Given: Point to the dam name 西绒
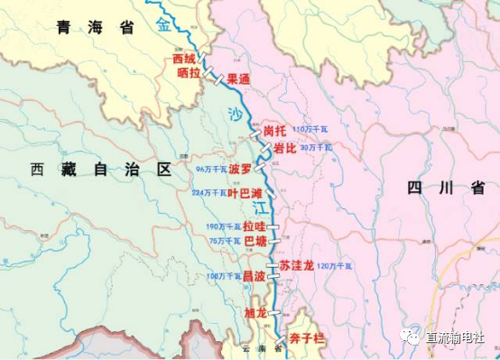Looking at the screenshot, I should [x=183, y=60].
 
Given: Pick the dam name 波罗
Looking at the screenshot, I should [x=240, y=169].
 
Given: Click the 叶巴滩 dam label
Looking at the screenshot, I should [x=245, y=193].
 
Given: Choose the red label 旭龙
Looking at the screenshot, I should [x=255, y=313].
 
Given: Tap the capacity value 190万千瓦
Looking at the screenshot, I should [x=221, y=227].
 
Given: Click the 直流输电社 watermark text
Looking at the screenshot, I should [x=459, y=336].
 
